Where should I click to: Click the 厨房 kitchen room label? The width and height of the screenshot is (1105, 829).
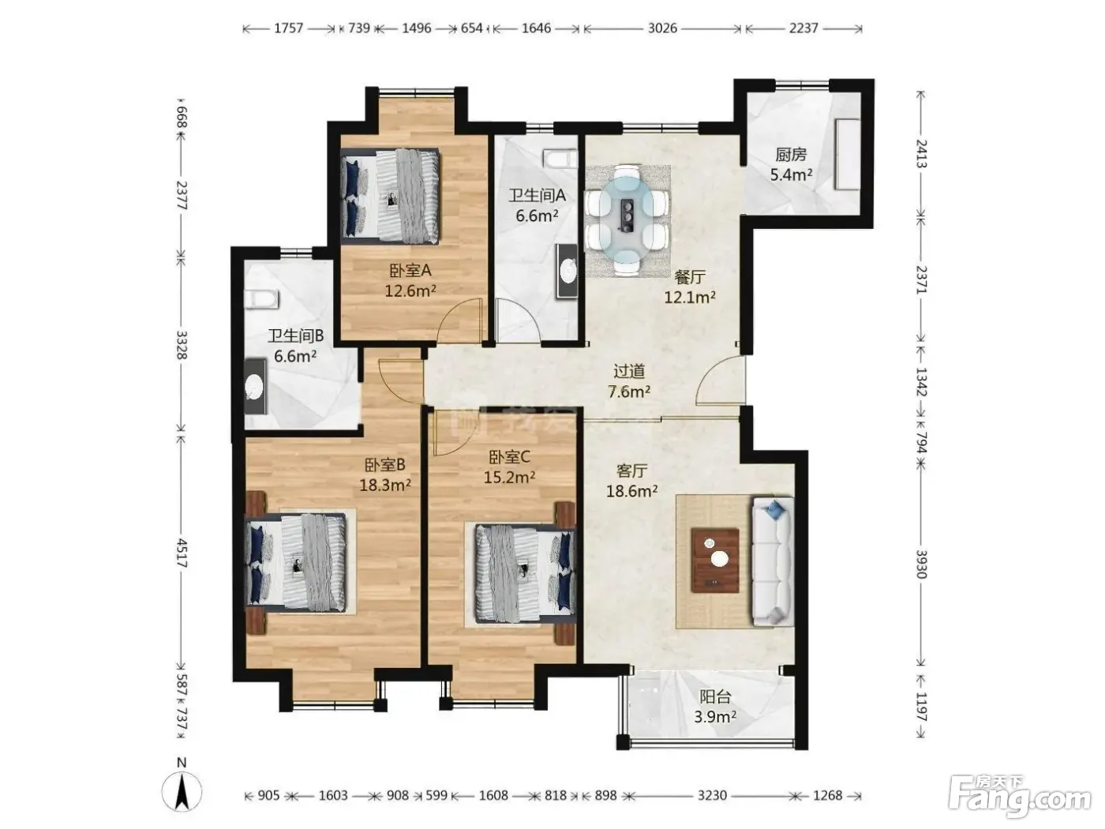(791, 154)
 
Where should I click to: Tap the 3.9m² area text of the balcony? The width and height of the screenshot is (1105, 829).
(715, 716)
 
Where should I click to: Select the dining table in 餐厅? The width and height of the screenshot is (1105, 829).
(627, 220)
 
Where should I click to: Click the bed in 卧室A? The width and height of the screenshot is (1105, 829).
(390, 196)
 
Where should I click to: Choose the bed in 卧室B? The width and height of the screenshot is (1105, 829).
(295, 563)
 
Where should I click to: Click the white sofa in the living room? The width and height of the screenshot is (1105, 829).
(773, 561)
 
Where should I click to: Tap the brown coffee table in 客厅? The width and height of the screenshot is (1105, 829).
(715, 561)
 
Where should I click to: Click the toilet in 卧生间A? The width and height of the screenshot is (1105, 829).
(560, 158)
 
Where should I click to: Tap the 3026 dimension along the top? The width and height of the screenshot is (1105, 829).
(662, 28)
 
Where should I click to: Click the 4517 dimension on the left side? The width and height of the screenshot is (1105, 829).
(182, 554)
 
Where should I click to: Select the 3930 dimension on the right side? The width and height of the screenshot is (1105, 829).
(921, 565)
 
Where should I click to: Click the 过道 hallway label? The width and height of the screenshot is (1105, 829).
(629, 371)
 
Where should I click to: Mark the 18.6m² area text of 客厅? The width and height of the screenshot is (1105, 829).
(631, 491)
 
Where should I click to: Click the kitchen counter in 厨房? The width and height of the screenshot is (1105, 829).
(847, 154)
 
